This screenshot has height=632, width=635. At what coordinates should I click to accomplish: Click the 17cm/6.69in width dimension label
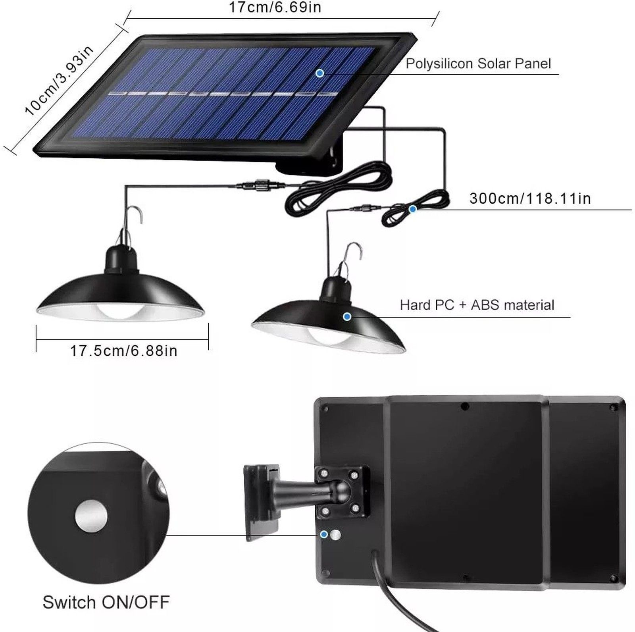pos(275,7)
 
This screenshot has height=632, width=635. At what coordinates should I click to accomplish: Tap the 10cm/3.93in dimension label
pos(59,81)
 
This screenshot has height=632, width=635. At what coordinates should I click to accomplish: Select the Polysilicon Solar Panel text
pos(478,64)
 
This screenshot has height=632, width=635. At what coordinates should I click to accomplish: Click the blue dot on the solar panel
pos(319,73)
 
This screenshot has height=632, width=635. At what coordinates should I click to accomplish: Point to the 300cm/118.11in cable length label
pos(530,198)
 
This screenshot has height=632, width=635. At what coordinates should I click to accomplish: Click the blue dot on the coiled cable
pos(413,209)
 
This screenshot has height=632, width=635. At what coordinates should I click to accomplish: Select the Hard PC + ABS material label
pos(477,305)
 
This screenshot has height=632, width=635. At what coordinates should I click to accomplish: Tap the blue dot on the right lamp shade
pos(347,316)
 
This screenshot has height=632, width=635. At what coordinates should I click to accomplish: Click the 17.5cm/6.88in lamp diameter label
pos(123,351)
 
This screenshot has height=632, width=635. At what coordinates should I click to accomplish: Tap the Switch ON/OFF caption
pos(106,602)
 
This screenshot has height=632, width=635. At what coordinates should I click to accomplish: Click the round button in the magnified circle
pos(91,516)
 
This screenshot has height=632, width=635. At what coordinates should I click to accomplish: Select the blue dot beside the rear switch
pos(324,534)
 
